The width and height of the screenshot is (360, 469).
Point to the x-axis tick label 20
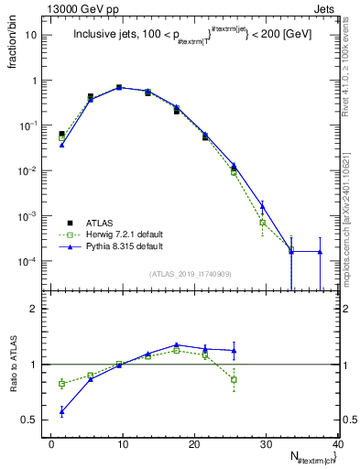coord(194,444)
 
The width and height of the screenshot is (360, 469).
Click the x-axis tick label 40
coord(337,444)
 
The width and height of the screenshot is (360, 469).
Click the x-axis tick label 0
coord(51,444)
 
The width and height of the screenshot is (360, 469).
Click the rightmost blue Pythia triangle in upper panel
coord(320,251)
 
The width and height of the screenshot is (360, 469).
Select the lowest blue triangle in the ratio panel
coord(61,412)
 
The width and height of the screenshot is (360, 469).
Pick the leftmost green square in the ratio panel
coord(61,384)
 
